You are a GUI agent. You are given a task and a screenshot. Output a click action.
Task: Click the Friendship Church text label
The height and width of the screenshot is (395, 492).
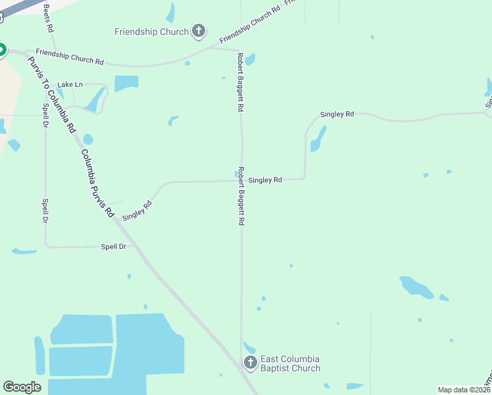point(151,31)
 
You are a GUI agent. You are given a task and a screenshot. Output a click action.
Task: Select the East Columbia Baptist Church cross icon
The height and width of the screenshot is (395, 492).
point(250,363)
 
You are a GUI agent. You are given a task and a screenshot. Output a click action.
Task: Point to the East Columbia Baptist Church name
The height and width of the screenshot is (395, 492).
point(290,363)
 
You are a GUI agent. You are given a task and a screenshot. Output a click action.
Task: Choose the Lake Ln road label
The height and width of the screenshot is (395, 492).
point(70,84)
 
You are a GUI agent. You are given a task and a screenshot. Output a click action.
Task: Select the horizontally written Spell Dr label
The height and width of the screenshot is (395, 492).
point(113,247)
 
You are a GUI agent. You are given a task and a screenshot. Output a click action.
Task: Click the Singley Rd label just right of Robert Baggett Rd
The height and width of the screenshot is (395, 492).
point(265,179)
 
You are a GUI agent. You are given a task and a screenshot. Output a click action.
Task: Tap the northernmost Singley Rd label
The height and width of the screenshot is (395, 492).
point(337,114)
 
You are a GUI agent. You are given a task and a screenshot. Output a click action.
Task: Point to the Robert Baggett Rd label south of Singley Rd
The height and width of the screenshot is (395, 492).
point(241,196)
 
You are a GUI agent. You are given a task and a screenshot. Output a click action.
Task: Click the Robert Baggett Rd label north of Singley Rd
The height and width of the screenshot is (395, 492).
point(241,82)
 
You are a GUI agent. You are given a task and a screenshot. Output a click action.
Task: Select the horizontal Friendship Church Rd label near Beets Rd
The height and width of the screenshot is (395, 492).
point(70,57)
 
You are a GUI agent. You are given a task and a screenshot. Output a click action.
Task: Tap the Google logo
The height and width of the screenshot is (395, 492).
point(22,387)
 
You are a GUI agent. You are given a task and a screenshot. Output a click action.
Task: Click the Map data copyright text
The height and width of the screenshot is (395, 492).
point(463,390)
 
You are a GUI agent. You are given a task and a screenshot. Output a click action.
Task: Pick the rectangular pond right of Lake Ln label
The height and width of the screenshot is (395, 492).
point(126,84)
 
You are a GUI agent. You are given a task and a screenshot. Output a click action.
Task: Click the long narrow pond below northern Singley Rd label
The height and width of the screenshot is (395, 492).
point(318,139)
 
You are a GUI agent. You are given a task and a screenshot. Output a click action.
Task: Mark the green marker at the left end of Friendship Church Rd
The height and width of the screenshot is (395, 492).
point(1,49)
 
